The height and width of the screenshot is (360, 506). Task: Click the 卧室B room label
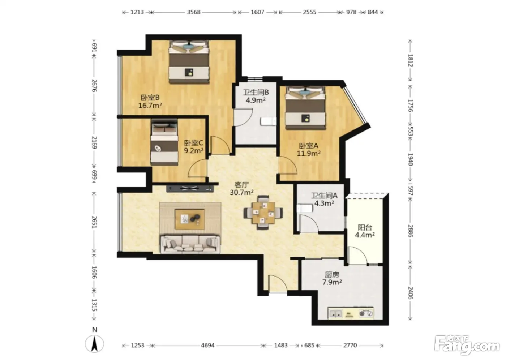coord(150,98)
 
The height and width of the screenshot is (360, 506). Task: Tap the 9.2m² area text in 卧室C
coord(194,150)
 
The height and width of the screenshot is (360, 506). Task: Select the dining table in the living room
coord(263,213)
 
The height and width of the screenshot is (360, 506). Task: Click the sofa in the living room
coord(190,244)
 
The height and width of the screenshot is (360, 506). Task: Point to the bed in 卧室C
coord(164,142)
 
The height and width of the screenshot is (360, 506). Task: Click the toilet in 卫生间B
coord(268,121)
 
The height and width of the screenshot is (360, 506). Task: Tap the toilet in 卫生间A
coord(305,209)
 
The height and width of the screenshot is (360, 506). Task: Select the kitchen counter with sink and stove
coord(351,313)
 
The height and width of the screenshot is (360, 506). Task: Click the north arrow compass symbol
coord(94,344)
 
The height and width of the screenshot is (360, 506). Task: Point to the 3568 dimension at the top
coord(194,12)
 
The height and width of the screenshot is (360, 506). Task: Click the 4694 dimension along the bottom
coord(207,345)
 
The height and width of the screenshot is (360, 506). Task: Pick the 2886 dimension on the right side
coord(410,231)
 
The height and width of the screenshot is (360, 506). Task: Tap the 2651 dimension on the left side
coord(94,222)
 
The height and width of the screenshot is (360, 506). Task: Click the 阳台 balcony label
coord(365,227)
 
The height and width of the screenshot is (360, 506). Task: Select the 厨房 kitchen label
coord(332,274)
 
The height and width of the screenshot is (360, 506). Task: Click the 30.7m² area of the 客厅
coord(241,192)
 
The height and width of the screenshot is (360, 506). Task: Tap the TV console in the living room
coord(190,188)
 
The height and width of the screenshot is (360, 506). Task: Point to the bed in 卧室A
coord(305,108)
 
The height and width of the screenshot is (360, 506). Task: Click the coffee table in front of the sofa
coord(190,219)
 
